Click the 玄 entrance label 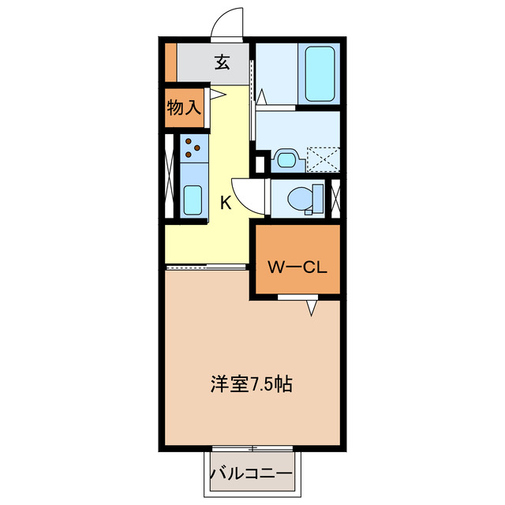223,62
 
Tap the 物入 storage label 183,107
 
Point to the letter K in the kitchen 225,202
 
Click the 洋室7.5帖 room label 251,384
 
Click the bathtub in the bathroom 319,73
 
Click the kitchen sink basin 193,199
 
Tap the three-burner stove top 193,147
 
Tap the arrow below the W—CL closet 312,308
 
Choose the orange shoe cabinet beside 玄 170,62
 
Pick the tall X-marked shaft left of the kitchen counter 170,178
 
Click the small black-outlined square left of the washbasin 260,164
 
